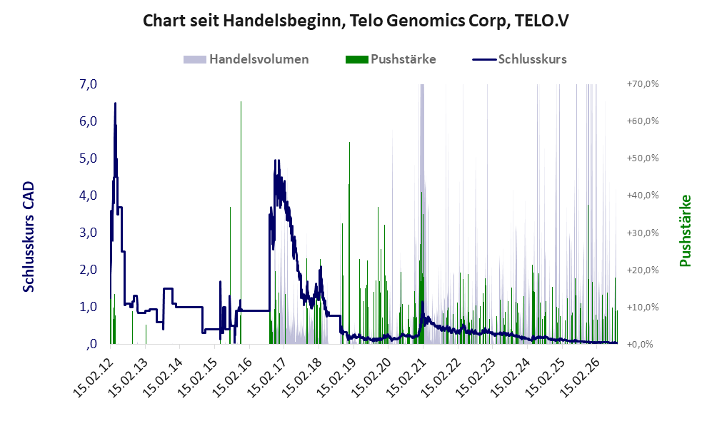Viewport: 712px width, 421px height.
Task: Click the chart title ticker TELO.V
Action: click(542, 21)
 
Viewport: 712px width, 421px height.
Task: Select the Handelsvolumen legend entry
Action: click(246, 59)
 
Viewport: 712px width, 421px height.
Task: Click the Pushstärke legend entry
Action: click(391, 59)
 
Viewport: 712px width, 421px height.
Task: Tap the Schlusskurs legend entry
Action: click(519, 59)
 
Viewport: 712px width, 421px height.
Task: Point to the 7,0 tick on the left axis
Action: click(88, 84)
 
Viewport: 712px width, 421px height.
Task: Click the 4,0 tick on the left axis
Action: click(88, 196)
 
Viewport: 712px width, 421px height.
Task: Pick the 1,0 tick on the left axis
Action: click(88, 307)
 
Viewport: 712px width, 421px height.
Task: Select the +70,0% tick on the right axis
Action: click(643, 84)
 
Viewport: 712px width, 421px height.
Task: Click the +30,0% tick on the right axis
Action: click(643, 233)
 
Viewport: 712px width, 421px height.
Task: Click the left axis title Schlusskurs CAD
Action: click(29, 237)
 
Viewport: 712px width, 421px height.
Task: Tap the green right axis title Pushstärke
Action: click(685, 231)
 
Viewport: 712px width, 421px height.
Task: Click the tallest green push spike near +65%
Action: click(241, 223)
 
